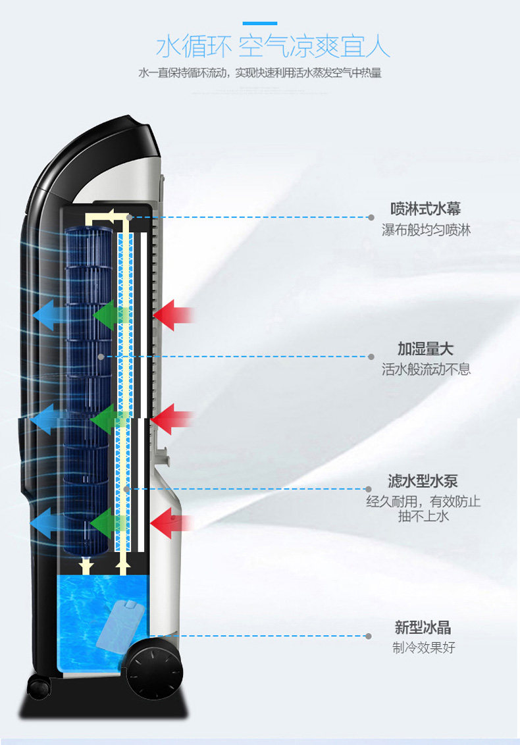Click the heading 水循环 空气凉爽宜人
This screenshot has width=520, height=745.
click(273, 47)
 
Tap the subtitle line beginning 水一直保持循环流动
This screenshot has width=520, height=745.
click(260, 73)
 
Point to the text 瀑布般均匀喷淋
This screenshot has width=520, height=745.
click(426, 230)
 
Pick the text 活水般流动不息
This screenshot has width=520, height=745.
click(426, 369)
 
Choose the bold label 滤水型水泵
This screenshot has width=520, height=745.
click(422, 481)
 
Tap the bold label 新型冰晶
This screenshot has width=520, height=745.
click(423, 627)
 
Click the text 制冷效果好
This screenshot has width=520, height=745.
click(423, 648)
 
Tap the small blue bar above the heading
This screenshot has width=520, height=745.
click(260, 23)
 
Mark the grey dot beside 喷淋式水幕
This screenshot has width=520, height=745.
click(371, 217)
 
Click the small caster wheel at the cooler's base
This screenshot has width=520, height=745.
click(39, 688)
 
